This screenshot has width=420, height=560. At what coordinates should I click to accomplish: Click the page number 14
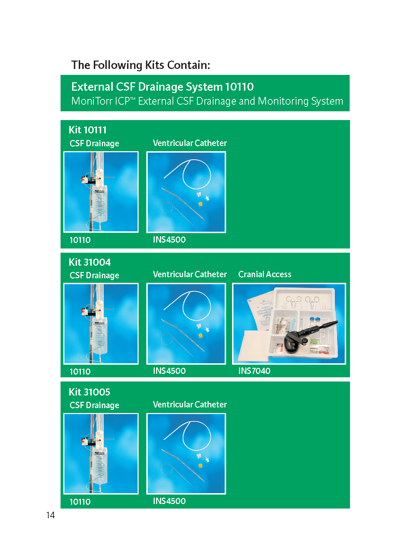(x=50, y=515)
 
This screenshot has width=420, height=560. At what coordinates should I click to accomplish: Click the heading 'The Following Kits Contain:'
(x=140, y=65)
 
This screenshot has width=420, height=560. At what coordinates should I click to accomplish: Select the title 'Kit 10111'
(x=87, y=130)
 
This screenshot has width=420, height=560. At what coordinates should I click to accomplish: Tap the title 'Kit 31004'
(x=90, y=262)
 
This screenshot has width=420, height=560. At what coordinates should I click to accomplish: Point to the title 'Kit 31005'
(x=89, y=392)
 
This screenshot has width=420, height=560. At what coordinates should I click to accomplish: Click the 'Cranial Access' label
(x=265, y=274)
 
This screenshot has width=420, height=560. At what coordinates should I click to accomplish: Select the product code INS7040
(x=254, y=371)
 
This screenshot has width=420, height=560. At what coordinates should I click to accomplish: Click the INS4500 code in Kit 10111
(x=169, y=239)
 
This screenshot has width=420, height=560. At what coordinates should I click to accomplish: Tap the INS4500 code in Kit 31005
(x=169, y=501)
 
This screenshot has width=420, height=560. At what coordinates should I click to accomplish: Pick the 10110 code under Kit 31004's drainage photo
(x=80, y=371)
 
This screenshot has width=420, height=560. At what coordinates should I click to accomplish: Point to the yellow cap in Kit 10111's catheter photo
(x=201, y=204)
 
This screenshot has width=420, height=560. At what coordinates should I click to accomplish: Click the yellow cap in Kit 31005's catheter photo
(x=201, y=465)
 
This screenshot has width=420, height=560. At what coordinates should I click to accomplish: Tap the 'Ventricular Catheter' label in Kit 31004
(x=190, y=274)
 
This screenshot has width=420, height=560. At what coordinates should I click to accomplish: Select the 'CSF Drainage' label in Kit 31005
(x=94, y=405)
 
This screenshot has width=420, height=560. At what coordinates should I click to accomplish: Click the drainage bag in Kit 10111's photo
(x=100, y=204)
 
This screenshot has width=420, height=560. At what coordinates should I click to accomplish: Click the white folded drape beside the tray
(x=254, y=346)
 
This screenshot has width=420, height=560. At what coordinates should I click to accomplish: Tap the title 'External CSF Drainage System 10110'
(x=162, y=87)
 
